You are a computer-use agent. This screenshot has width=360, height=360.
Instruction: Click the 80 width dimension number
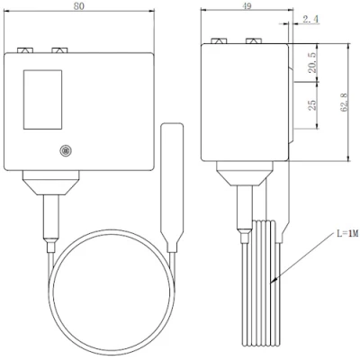coord(79,6)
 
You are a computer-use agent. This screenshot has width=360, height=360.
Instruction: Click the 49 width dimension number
coord(247,6)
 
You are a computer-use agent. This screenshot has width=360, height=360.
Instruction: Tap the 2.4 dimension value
coord(310,19)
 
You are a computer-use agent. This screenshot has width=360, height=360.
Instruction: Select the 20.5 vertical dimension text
coord(312,63)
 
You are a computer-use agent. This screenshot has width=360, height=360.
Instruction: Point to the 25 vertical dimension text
coord(312,104)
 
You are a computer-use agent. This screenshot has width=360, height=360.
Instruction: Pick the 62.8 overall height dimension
coord(344,103)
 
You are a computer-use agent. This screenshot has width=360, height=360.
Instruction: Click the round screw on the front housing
coord(65,150)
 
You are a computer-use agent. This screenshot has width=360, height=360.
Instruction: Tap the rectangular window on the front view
coord(43,100)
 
